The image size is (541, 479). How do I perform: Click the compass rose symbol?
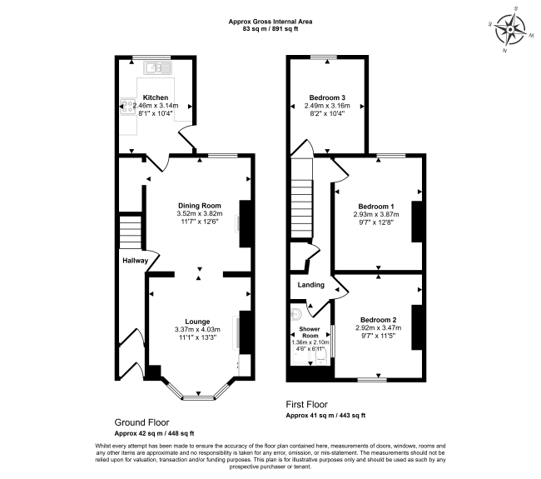coord(510,30)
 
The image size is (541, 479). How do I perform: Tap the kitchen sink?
coord(157,67)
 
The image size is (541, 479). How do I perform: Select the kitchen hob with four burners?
coord(127,107)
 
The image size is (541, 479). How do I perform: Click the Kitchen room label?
coord(156,97)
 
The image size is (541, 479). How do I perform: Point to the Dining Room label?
coord(200,206)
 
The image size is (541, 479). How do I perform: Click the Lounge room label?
coord(197,322)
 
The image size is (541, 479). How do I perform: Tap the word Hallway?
coord(135,261)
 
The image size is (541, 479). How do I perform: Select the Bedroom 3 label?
coord(327,97)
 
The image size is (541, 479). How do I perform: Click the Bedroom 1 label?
coord(376,207)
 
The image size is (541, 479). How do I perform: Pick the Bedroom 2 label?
coord(379,320)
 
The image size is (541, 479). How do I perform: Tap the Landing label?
coord(311,285)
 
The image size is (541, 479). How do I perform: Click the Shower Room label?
coord(310,332)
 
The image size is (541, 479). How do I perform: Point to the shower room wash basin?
coord(296,314)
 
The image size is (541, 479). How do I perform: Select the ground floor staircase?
coord(131,232)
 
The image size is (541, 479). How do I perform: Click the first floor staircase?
coord(302,198)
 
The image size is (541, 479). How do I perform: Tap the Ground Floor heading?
coord(141,422)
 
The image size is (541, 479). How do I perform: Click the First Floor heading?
coord(307,404)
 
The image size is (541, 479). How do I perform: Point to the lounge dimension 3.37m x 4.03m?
coord(197,329)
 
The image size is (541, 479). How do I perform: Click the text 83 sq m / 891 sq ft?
coord(270,29)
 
